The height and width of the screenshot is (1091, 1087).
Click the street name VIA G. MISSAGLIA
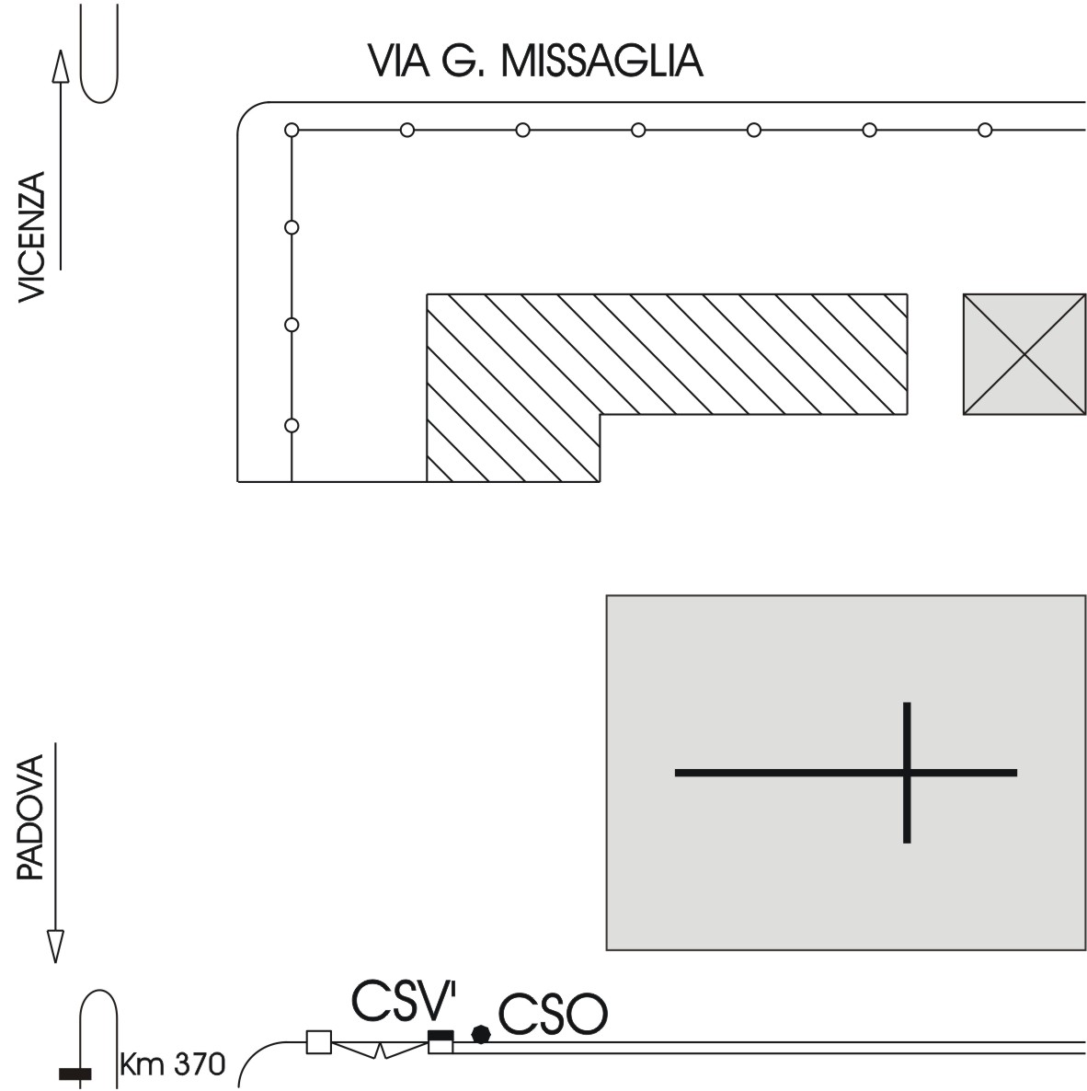[x=535, y=61]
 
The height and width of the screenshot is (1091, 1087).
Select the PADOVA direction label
[x=32, y=818]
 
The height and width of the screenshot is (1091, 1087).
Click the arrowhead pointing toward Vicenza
[x=61, y=66]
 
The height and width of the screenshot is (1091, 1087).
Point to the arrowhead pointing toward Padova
[x=55, y=946]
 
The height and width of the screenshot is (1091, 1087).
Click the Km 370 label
[x=172, y=1065]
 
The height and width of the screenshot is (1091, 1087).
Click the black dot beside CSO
[x=480, y=1034]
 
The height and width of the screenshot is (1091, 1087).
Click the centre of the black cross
[x=907, y=773]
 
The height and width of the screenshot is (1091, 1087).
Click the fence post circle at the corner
[x=292, y=130]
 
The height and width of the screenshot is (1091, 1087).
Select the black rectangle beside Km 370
[x=74, y=1074]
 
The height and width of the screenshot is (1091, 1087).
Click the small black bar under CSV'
[x=441, y=1036]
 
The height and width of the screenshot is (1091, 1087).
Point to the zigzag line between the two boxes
[x=381, y=1049]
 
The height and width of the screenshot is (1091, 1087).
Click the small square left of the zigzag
[x=318, y=1042]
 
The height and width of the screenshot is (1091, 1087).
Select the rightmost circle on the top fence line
[x=985, y=130]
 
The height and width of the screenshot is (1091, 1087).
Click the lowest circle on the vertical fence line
[x=292, y=425]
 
